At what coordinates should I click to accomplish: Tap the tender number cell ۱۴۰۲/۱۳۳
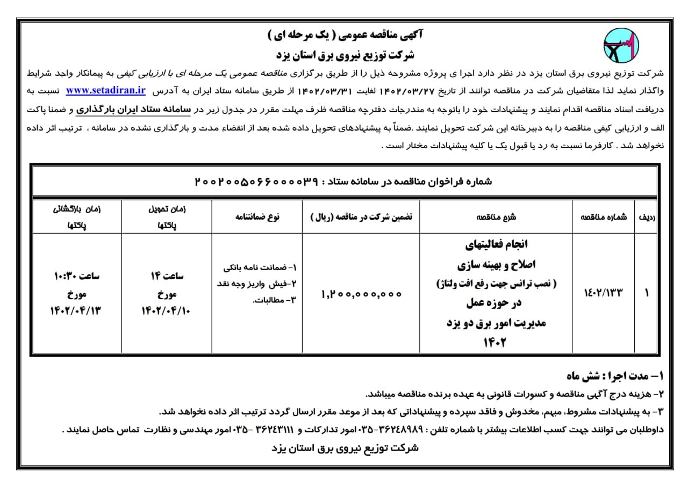click(x=604, y=293)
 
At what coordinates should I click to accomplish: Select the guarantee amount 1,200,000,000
click(x=361, y=294)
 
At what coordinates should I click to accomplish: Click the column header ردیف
click(x=645, y=217)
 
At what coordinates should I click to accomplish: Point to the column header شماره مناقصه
click(x=604, y=217)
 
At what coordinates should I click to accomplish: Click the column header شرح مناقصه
click(x=496, y=217)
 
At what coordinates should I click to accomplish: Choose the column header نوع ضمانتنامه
click(x=257, y=216)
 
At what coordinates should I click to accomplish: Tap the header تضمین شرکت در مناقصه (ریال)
click(x=361, y=216)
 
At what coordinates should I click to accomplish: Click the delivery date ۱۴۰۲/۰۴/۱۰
click(x=167, y=310)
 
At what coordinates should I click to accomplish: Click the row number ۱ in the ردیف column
click(x=646, y=293)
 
